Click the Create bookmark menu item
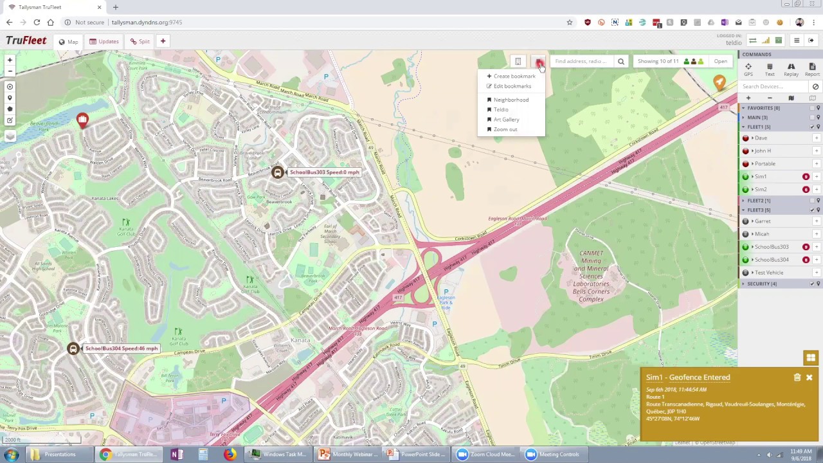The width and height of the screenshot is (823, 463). pos(514,76)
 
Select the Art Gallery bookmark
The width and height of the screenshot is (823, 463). pos(506,120)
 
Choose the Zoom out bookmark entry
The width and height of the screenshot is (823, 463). pos(505,129)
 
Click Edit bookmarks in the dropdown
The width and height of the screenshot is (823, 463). pos(512,86)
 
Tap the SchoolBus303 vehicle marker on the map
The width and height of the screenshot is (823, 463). pos(277,172)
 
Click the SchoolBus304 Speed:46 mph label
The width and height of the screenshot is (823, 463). pos(121,349)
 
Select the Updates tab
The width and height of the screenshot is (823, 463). pos(104,42)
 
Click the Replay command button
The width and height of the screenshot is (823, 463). pos(791,69)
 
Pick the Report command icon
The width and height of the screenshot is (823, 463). pos(812,69)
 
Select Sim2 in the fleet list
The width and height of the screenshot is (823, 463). pos(761,190)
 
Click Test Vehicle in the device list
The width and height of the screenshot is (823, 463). pos(769,273)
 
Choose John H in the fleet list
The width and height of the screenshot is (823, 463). pos(763,151)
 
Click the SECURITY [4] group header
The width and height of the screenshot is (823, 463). pos(762,284)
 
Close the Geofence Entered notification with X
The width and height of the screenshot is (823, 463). pos(809,377)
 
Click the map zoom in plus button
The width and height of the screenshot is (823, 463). pos(10,60)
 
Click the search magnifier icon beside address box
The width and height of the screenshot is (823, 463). pos(621,62)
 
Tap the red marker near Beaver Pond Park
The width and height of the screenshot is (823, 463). pos(82,120)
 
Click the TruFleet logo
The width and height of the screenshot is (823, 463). pos(26,41)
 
